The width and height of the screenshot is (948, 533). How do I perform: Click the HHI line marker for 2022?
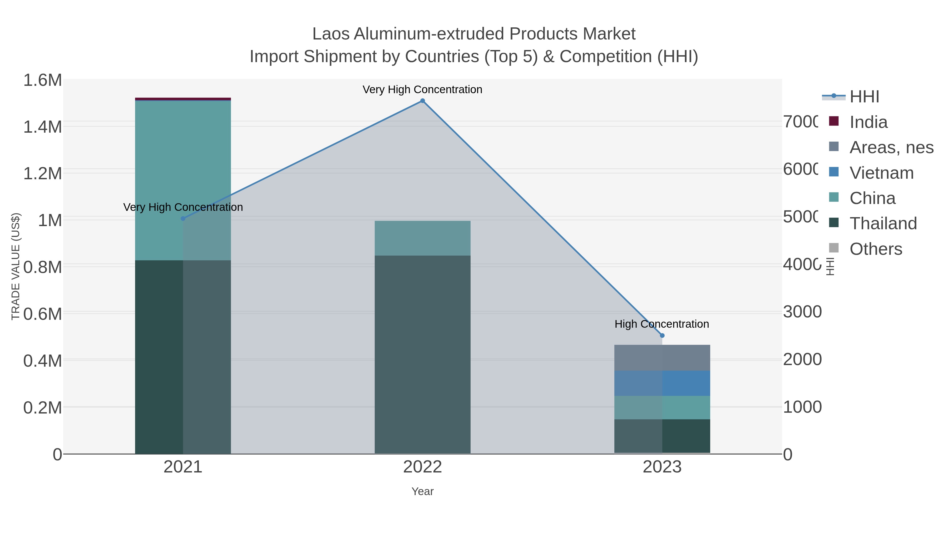[422, 101]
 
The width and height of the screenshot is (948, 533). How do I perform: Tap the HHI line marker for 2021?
[183, 218]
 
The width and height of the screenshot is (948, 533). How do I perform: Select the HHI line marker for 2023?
[662, 336]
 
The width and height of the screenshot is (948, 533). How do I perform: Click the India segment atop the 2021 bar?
[183, 99]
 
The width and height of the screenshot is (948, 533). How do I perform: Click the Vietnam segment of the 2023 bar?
[662, 383]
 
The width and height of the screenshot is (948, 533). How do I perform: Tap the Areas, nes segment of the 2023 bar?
[662, 357]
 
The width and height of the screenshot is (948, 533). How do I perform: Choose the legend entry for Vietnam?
[881, 173]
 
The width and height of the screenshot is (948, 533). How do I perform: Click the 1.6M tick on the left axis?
[42, 80]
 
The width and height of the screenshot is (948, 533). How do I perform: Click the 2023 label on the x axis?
[662, 467]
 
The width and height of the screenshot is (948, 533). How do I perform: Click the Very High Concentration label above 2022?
[422, 89]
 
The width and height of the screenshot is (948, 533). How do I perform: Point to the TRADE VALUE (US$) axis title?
[16, 266]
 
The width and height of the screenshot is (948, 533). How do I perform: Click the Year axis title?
[422, 491]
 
